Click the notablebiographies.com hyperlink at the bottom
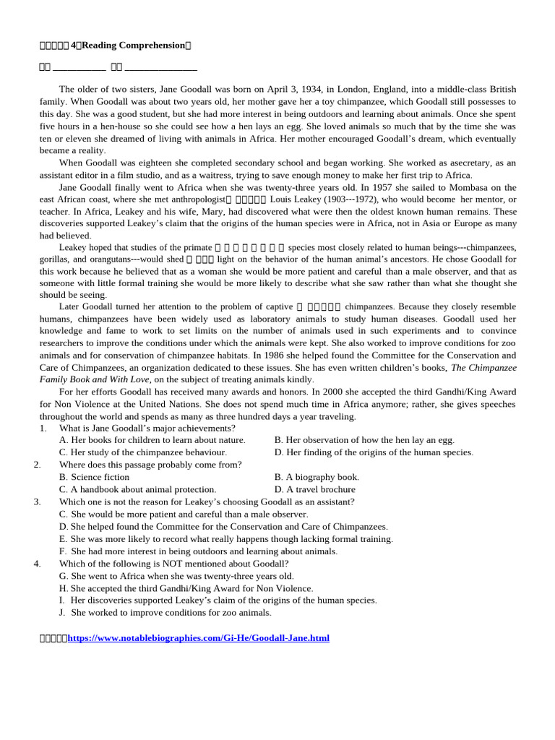click(x=198, y=638)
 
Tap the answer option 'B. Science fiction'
click(x=95, y=477)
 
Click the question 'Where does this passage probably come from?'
click(x=150, y=465)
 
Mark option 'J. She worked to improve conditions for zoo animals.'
click(x=165, y=612)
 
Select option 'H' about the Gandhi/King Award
click(x=186, y=588)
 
